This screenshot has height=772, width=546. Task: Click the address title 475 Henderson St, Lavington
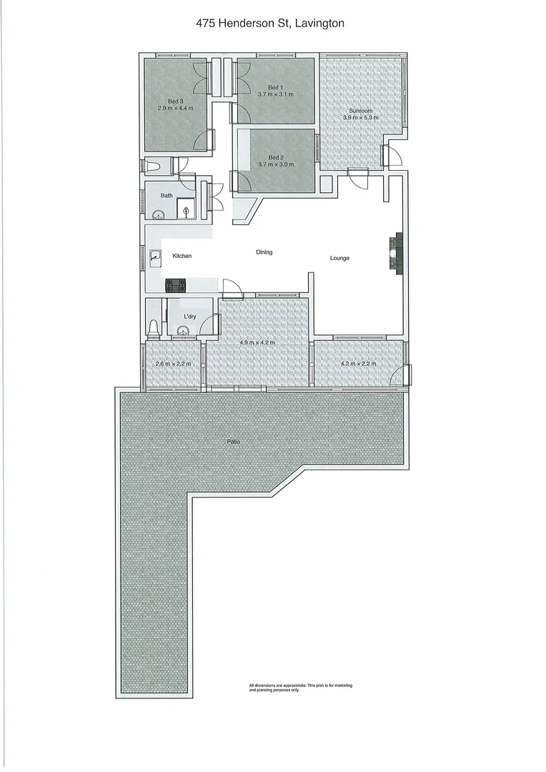270,24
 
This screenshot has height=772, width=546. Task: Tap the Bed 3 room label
176,101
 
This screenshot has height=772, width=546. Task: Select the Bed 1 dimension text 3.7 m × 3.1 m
276,94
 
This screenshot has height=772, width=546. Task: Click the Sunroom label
361,111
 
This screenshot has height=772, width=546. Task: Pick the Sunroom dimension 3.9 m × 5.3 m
361,118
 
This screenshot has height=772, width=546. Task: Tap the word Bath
166,195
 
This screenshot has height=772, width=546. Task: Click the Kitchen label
182,256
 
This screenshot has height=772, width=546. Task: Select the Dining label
264,252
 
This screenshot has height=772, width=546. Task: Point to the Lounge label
339,258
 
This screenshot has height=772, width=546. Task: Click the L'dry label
190,317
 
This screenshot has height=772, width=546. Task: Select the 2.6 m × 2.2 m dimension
174,364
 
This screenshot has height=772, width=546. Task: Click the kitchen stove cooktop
175,286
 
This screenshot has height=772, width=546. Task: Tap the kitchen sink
155,256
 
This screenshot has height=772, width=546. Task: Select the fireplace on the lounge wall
395,252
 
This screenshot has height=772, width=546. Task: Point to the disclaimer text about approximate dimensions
300,688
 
